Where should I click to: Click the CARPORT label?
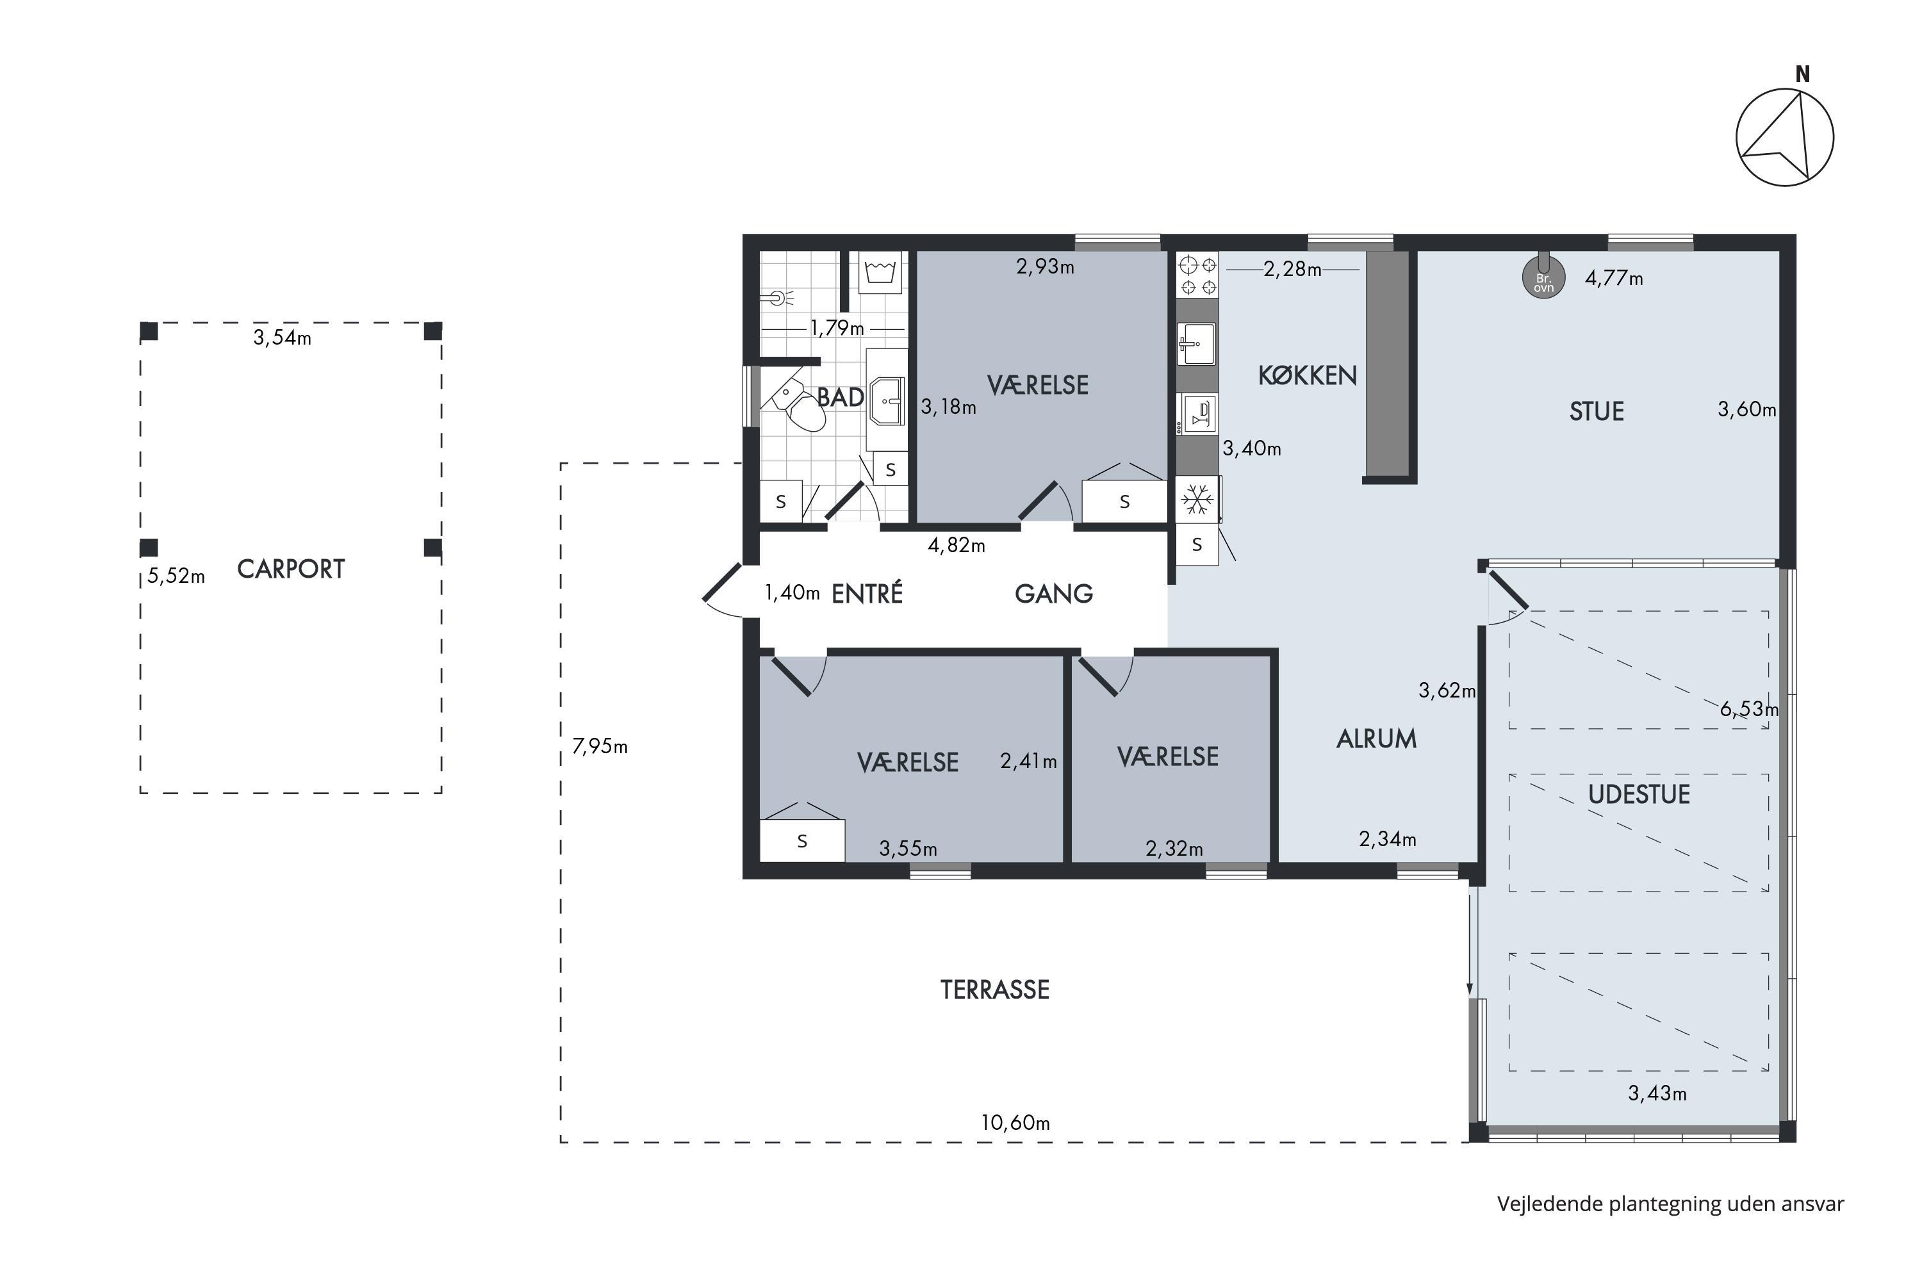pos(291,569)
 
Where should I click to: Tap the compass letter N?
pos(1803,74)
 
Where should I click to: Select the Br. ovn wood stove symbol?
pos(1543,278)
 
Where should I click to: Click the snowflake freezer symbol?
pos(1197,499)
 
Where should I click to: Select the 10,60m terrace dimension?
pos(1015,1123)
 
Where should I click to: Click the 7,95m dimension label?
pos(600,746)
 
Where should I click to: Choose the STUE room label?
pos(1597,411)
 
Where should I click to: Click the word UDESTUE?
pos(1639,794)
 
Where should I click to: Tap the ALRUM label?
pos(1377,738)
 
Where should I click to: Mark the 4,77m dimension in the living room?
pos(1614,279)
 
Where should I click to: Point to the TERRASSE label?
pos(996,990)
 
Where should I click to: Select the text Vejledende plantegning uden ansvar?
pos(1670,1203)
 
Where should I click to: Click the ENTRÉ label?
pos(867,593)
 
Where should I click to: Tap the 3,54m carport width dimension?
pos(282,338)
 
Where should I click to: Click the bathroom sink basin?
pos(887,400)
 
